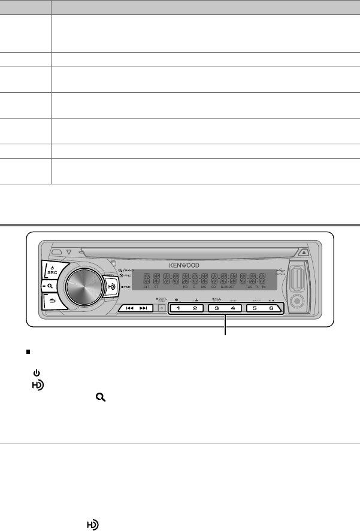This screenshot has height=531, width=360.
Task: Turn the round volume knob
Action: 81,287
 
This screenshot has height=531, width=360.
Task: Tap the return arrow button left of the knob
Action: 52,302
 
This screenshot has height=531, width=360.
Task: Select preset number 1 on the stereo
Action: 177,308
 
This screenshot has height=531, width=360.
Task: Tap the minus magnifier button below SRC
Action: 52,286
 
